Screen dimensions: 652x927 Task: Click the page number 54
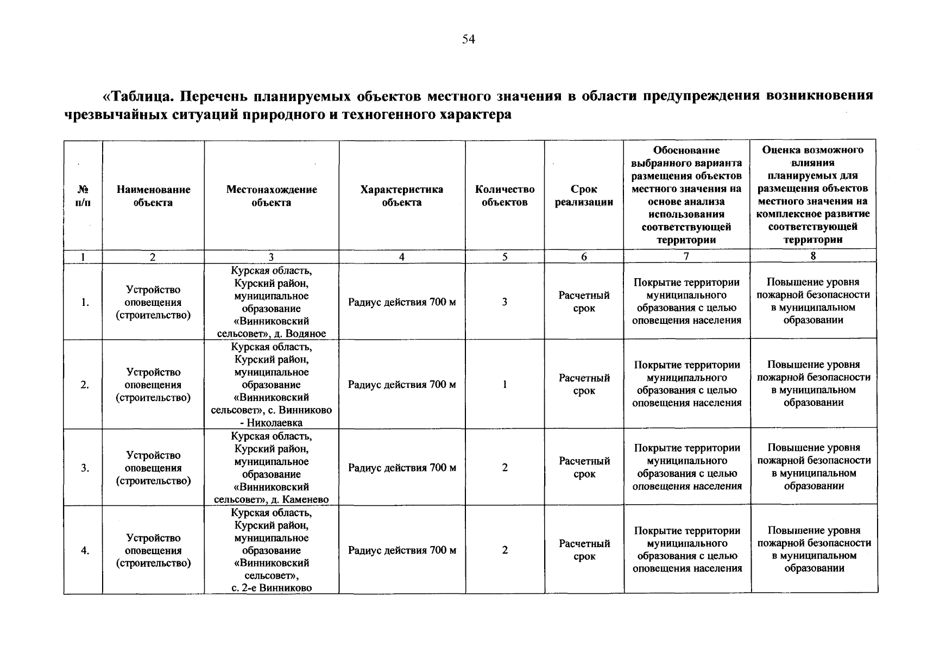[468, 39]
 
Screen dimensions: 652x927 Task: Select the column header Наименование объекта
[153, 196]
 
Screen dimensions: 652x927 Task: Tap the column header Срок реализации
[584, 196]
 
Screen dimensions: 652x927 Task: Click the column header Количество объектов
[505, 196]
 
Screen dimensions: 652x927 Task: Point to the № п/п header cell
[83, 196]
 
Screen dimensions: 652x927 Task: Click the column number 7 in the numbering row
[686, 257]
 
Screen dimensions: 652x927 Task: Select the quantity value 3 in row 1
[505, 302]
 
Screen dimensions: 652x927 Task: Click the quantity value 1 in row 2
[505, 385]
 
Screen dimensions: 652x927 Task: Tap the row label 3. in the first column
[85, 468]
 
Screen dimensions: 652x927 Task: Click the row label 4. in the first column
[85, 550]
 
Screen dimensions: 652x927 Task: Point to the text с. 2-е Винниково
[272, 587]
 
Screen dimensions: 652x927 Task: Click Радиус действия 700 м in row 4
[402, 550]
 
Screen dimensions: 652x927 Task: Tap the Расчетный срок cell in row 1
[584, 302]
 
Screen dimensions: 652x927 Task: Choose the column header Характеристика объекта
[401, 196]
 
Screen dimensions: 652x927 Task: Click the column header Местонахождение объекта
[272, 196]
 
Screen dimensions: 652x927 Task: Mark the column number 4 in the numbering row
[401, 257]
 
